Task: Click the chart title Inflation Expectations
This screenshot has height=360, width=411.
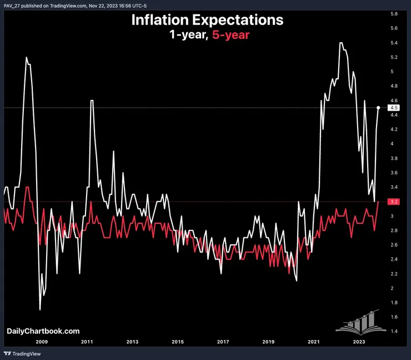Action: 207,20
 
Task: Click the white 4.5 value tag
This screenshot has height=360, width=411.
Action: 393,108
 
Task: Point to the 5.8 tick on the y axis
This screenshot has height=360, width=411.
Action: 393,13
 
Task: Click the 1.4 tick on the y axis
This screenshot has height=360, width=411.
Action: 393,331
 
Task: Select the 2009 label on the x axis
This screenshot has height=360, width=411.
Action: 42,342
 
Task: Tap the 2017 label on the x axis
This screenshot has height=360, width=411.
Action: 223,342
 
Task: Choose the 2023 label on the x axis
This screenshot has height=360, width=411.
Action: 359,342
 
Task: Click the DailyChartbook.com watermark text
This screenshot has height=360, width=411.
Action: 39,331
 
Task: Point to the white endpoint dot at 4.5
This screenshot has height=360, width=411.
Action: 378,108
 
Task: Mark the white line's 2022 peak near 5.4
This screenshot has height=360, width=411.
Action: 340,43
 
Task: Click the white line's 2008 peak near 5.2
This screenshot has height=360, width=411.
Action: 26,57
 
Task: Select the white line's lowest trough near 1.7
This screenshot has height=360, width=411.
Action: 40,309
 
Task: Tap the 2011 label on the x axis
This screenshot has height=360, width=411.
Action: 87,342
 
